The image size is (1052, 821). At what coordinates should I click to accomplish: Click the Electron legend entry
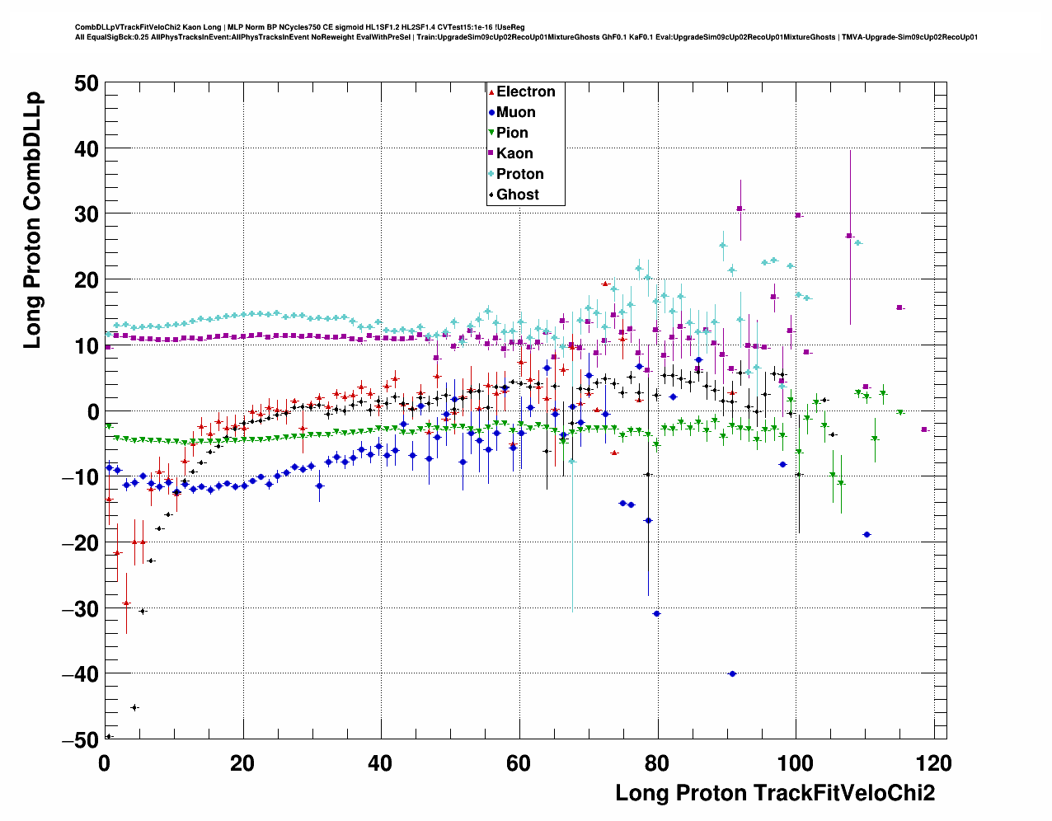pos(525,91)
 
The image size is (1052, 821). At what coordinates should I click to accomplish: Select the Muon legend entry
pos(515,112)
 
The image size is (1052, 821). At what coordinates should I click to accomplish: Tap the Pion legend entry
pos(512,133)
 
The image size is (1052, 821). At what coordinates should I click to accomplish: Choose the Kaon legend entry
pos(514,153)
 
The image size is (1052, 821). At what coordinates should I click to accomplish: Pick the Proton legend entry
pos(519,174)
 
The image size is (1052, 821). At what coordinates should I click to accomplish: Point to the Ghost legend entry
pos(517,195)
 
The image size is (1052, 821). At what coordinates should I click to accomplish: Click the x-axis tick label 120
pos(933,763)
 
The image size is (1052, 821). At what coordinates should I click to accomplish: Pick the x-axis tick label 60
pos(519,763)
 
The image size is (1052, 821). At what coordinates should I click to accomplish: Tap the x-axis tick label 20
pos(242,763)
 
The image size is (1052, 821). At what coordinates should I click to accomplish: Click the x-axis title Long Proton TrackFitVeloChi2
pos(775,793)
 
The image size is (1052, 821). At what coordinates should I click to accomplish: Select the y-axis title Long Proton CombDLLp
pos(32,220)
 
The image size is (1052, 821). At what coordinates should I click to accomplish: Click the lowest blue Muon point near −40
pos(732,673)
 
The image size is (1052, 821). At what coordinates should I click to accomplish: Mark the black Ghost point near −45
pos(134,707)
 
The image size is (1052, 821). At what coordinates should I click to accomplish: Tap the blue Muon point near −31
pos(656,613)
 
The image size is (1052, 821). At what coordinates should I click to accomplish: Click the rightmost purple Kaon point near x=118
pos(924,429)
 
